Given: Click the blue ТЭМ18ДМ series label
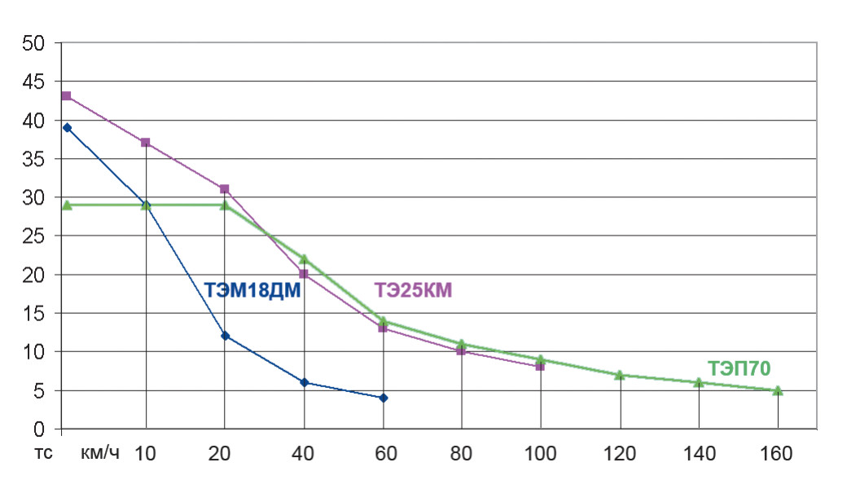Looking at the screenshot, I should pyautogui.click(x=252, y=290).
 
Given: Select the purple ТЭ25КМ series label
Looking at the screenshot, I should pyautogui.click(x=413, y=290).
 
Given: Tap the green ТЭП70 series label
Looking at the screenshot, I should pyautogui.click(x=739, y=368).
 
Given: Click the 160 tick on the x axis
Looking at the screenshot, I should pyautogui.click(x=778, y=454).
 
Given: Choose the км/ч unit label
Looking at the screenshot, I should pyautogui.click(x=100, y=454).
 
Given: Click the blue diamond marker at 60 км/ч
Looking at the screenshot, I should pyautogui.click(x=384, y=398).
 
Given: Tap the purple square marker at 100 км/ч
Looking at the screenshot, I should pyautogui.click(x=540, y=367).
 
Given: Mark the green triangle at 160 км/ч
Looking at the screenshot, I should pyautogui.click(x=778, y=390).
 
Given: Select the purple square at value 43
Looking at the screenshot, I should pyautogui.click(x=66, y=96).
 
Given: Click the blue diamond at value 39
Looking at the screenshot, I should pyautogui.click(x=67, y=127).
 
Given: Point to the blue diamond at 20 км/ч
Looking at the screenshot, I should pyautogui.click(x=225, y=336).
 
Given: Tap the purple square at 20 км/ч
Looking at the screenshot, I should pyautogui.click(x=225, y=189).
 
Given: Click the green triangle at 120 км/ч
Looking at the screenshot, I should pyautogui.click(x=620, y=375).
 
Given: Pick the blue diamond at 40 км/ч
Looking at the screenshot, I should pyautogui.click(x=304, y=382).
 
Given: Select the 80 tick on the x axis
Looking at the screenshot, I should pyautogui.click(x=462, y=454).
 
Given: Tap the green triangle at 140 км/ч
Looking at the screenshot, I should pyautogui.click(x=699, y=382).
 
